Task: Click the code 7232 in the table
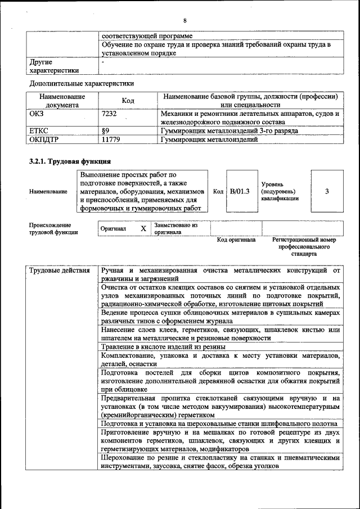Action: tap(109, 114)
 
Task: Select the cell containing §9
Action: tap(105, 130)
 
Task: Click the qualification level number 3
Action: tap(327, 191)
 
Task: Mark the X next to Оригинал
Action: tap(143, 229)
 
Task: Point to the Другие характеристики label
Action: tap(54, 66)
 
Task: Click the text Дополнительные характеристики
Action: tap(82, 84)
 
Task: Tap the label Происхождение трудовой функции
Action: tap(53, 228)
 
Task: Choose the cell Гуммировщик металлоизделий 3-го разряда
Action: tap(235, 130)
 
